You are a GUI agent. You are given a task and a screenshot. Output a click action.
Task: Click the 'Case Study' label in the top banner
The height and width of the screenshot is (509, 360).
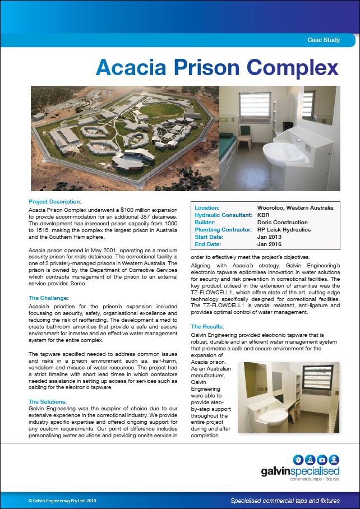coord(324,40)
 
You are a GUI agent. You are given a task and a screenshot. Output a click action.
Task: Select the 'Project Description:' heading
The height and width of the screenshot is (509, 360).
coord(55,201)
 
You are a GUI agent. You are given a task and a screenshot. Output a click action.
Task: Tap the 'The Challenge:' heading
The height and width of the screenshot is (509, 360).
coord(48,298)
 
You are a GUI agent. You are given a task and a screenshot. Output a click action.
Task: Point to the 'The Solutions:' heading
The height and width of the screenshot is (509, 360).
coord(48,401)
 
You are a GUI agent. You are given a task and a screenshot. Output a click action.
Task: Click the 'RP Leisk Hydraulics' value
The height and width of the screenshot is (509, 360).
coord(284,229)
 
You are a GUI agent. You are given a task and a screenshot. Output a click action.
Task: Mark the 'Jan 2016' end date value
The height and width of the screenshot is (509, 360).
coord(269,244)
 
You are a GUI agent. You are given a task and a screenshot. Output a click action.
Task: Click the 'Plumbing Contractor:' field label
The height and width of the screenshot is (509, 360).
coord(222,229)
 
